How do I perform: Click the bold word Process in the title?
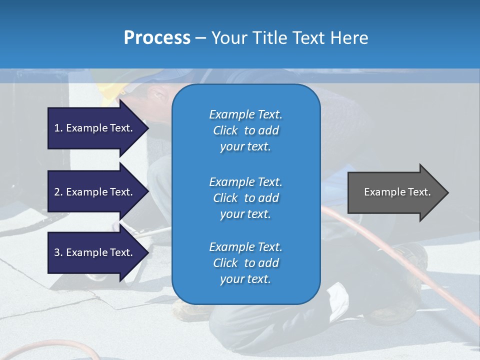click(157, 38)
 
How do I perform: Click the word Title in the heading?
click(267, 38)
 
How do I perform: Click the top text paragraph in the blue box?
click(245, 130)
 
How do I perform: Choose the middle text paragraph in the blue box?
click(245, 198)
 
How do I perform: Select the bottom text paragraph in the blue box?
click(245, 263)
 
